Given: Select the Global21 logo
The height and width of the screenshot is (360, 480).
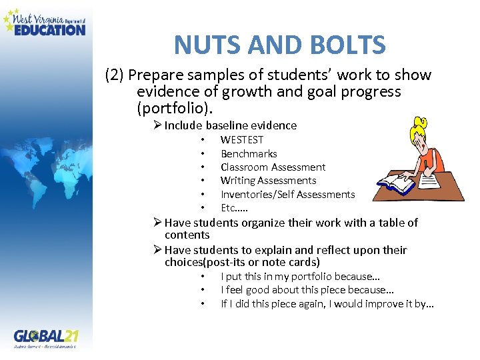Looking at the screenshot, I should click(x=46, y=337).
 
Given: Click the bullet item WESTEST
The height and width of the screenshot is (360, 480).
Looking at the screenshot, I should click(x=242, y=139).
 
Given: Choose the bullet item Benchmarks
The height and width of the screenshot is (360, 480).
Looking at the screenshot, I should click(x=249, y=153).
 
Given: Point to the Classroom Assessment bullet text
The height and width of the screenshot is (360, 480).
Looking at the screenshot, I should click(x=273, y=167).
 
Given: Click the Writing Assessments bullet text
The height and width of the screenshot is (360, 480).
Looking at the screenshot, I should click(x=268, y=180).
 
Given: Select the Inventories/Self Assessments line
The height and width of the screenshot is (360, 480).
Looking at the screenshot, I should click(x=287, y=194).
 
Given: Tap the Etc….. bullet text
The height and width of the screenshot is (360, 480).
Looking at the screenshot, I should click(x=234, y=207).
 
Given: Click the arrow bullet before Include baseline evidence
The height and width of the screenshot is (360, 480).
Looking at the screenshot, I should click(x=157, y=125).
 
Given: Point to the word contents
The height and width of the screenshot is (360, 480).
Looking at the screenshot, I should click(x=187, y=235).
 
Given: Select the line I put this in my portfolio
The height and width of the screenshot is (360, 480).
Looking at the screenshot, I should click(x=300, y=276).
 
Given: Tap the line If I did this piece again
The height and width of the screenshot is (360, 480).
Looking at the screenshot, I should click(x=327, y=304).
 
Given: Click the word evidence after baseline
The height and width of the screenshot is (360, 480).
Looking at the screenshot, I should click(x=273, y=125).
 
